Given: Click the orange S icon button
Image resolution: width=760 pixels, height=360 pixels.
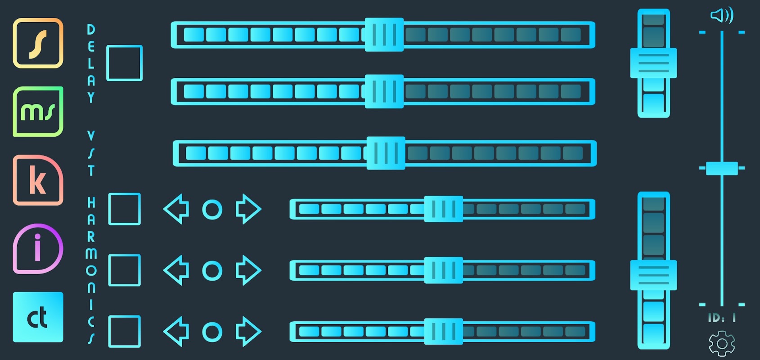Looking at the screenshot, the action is pos(38,43).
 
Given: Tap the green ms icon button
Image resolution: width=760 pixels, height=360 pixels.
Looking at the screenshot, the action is pos(38,112).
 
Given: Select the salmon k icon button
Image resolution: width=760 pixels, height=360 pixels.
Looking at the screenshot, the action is pos(38,180).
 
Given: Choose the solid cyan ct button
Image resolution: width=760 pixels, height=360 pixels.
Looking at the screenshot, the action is pos(38,317).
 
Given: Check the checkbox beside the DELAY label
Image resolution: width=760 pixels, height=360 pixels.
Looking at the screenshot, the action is pos(125,63).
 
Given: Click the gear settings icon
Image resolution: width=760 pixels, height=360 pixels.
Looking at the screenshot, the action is pos(722,344).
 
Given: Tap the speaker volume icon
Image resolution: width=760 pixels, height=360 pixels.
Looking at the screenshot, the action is pos(722,15).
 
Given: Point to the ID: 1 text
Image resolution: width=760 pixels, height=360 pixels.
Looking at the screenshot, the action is pos(722,318).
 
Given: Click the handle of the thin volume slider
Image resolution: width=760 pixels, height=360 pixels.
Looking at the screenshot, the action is pos(722,168).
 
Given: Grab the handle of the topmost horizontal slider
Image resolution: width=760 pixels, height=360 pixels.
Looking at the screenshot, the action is pos(384,35).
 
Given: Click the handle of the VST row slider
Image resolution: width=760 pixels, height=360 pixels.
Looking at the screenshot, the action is pos(386,153).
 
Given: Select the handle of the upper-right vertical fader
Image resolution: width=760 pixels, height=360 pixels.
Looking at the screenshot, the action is pos(653,63).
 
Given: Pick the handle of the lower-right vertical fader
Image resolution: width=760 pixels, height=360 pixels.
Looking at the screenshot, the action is pos(653,275).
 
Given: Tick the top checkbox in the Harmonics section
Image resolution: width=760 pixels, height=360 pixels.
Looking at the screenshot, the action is pos(125,209).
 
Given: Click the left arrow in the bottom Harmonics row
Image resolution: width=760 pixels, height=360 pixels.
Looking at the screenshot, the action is pos(176,332).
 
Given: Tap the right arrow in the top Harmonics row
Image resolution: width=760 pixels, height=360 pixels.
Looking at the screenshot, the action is pos(249,209).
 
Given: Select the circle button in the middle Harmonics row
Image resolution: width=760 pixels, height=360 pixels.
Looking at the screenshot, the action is pos(212,270).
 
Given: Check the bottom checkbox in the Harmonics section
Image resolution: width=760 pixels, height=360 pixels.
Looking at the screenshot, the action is pos(125,332).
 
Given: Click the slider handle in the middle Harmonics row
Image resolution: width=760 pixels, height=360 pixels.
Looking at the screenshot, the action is pos(444,270).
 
